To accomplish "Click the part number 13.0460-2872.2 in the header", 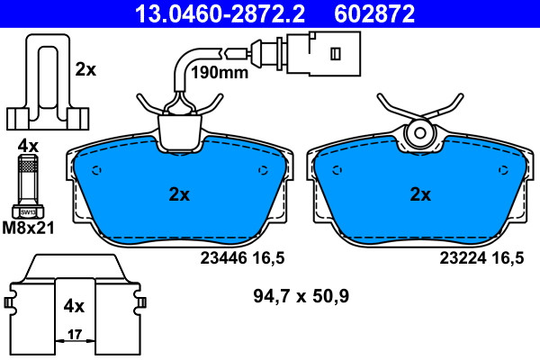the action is click(220, 13).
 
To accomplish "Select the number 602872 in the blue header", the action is click(374, 13).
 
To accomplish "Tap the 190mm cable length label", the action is click(220, 73).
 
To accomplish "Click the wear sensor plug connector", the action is click(323, 53).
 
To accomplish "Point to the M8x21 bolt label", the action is click(28, 228).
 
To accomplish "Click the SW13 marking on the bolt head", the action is click(28, 212).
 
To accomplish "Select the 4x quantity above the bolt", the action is click(28, 147).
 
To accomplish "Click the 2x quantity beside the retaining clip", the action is click(85, 69).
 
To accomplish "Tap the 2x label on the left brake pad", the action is click(179, 194).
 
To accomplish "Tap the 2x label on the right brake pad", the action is click(420, 194).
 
